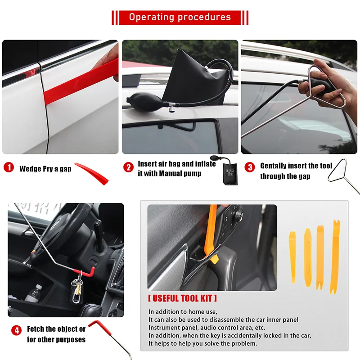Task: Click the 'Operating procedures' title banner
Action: click(180, 18)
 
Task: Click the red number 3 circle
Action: click(250, 167)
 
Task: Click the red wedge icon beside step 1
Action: click(92, 173)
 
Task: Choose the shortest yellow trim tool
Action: click(292, 257)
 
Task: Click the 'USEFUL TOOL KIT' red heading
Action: click(182, 298)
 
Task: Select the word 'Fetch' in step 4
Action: click(36, 329)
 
